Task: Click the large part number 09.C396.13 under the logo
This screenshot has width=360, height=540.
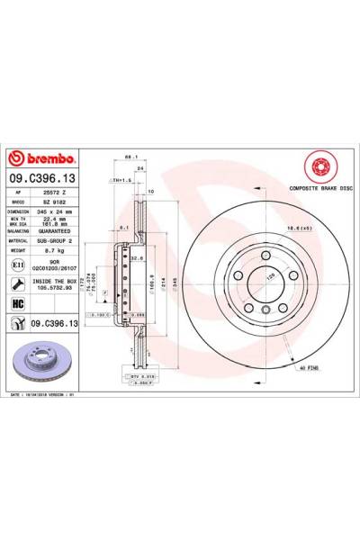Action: pos(54,179)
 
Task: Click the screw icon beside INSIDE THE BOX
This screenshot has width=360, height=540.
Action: pos(19,283)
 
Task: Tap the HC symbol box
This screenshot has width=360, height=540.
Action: pos(19,304)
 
